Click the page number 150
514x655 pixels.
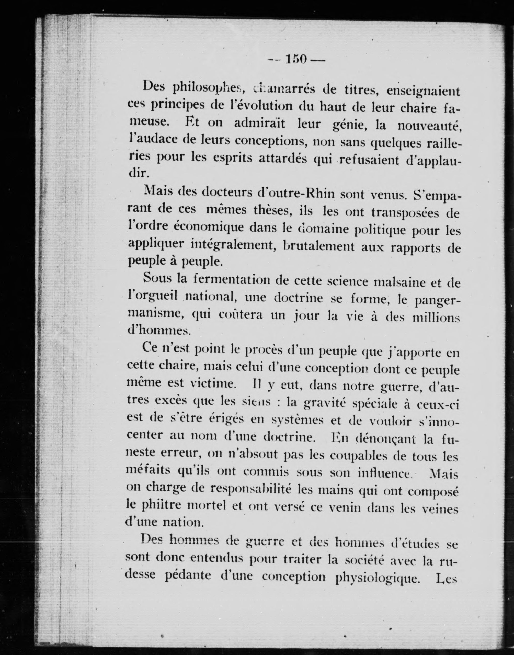click(x=296, y=59)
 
